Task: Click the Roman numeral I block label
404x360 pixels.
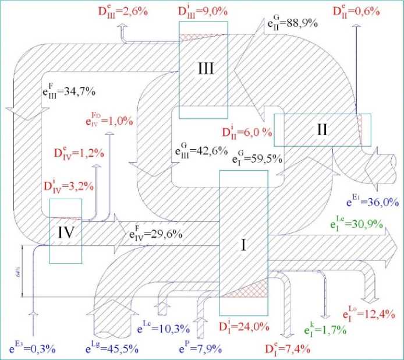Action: [x=243, y=246]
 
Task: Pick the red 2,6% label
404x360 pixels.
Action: [x=129, y=10]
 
